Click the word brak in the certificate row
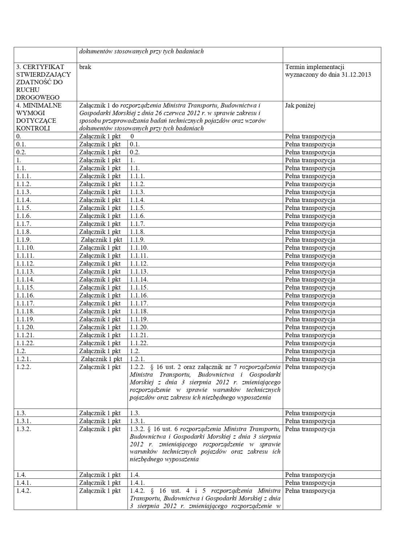coord(85,67)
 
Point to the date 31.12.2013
coord(356,74)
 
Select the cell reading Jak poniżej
coord(300,105)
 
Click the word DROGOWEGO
coord(37,97)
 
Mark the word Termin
coord(295,67)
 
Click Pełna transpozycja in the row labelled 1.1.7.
coord(310,224)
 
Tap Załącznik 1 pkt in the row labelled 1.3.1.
coord(100,421)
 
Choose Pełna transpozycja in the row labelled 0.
coord(310,137)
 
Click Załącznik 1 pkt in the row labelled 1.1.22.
coord(100,343)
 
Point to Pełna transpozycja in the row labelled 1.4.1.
coord(310,483)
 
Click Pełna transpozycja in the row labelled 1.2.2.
coord(310,367)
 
